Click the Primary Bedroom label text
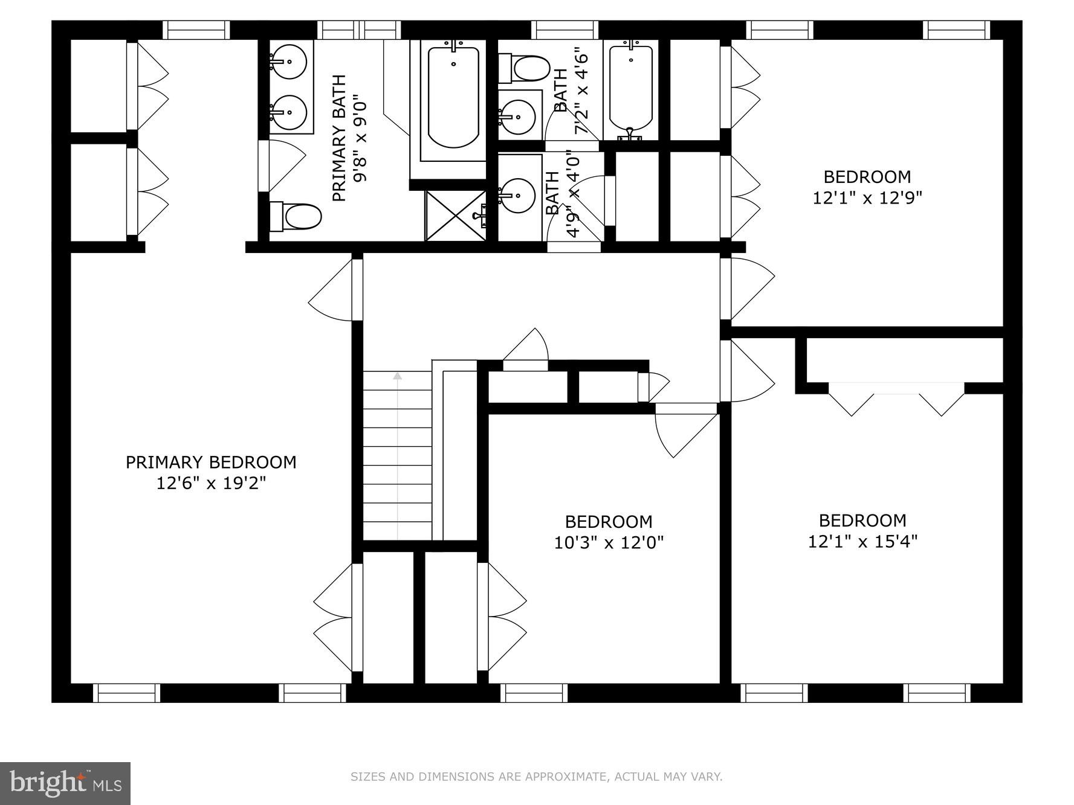(x=211, y=462)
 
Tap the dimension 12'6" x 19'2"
(x=211, y=483)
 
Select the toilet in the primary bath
(x=296, y=216)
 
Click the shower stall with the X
(x=455, y=216)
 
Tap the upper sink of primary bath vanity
(x=288, y=61)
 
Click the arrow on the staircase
(x=397, y=376)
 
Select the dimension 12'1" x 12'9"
(x=867, y=198)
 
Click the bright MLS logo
(x=65, y=783)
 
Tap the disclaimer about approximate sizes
(x=536, y=777)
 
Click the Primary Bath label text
(x=340, y=138)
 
